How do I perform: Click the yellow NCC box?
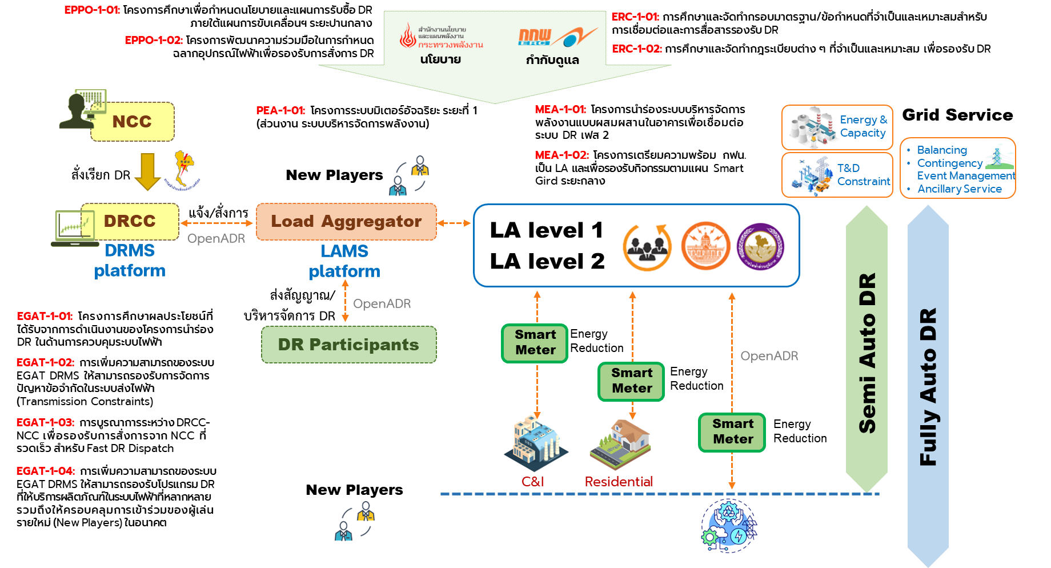[x=132, y=122]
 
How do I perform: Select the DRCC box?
[x=130, y=221]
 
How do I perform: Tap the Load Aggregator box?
[x=346, y=221]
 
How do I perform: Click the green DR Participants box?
[x=348, y=345]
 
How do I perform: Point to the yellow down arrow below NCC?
[x=147, y=171]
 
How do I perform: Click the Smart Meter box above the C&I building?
[x=535, y=343]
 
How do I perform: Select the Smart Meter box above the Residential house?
[x=631, y=381]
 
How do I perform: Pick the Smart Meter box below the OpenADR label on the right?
[x=732, y=432]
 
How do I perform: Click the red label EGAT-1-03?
[x=45, y=422]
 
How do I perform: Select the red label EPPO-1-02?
[x=154, y=40]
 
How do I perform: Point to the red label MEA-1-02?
[x=561, y=155]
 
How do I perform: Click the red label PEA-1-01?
[x=280, y=110]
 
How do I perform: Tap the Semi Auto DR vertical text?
[x=867, y=353]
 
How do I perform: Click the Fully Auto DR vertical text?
[x=928, y=387]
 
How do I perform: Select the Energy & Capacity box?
[x=837, y=127]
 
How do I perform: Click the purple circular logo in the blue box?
[x=760, y=246]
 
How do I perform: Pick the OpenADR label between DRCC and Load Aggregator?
[x=216, y=238]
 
